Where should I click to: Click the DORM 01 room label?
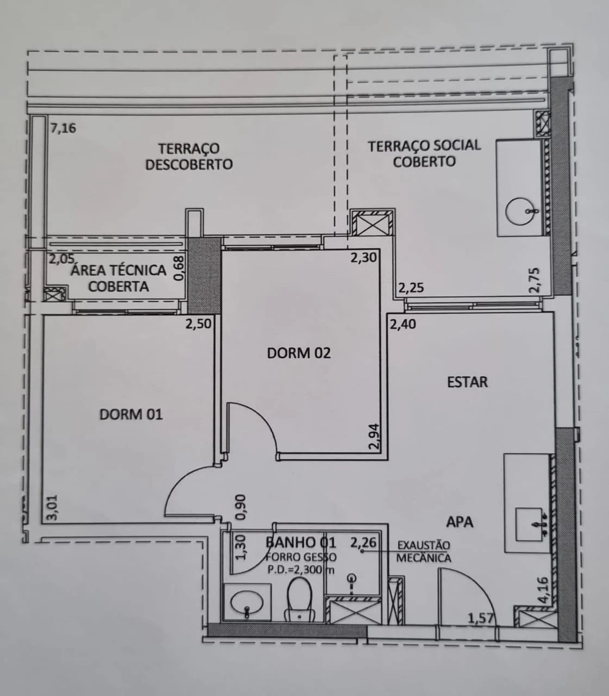pos(131,414)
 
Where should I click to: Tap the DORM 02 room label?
pos(299,353)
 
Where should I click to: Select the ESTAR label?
pos(467,382)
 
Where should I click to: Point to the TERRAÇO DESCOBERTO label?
pos(189,157)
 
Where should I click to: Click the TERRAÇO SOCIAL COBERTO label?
pos(424,153)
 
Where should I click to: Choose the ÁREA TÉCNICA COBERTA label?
pos(118,278)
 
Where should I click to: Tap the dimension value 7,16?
pos(63,128)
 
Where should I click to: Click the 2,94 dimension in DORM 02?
pos(374,436)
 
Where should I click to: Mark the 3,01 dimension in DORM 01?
pos(54,507)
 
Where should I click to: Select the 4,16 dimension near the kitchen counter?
pos(544,590)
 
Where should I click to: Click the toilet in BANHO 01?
pos(300,599)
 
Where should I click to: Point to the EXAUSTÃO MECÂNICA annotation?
pos(423,552)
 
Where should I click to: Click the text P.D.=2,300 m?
pos(301,569)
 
